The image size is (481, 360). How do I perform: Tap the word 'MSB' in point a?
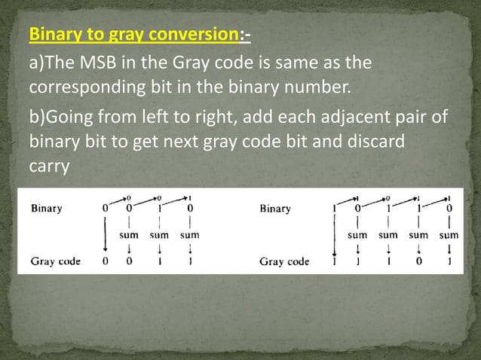pos(95,62)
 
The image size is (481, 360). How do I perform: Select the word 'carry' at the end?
pos(48,166)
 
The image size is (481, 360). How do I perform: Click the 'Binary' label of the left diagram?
pos(46,208)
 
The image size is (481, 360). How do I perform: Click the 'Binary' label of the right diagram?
pos(274,209)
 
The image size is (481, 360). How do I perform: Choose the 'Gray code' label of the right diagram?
pos(284,261)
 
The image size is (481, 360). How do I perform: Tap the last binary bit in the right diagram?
pos(449,209)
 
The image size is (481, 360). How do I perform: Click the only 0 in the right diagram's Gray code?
pos(419,261)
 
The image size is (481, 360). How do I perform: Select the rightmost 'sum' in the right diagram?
pos(449,235)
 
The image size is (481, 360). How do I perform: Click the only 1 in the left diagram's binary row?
pos(160,208)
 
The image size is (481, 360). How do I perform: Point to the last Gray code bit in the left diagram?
pos(190,261)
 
